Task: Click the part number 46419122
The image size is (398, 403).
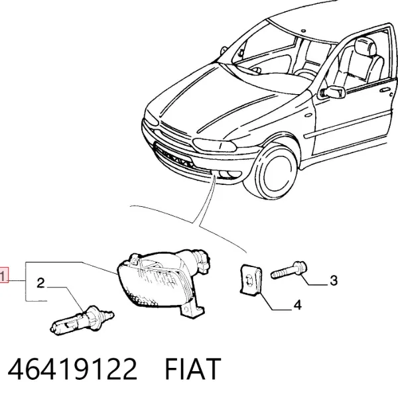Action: click(x=72, y=369)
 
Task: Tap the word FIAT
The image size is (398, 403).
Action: click(x=192, y=369)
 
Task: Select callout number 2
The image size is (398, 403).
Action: click(x=40, y=283)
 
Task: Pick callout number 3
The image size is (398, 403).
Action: click(x=334, y=280)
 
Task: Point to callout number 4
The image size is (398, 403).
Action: click(x=297, y=305)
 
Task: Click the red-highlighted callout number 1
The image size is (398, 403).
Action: click(x=3, y=276)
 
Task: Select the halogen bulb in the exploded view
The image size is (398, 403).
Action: click(x=82, y=321)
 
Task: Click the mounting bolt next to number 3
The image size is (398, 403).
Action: click(x=289, y=270)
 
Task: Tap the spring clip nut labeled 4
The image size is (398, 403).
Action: click(x=251, y=280)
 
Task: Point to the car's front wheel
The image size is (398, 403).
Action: click(x=273, y=171)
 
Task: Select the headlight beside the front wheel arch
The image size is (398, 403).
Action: click(x=214, y=145)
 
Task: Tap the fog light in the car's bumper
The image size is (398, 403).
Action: click(x=230, y=175)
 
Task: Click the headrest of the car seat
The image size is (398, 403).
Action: click(x=365, y=47)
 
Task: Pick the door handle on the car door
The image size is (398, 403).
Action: click(x=385, y=90)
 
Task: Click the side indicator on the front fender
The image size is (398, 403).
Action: click(x=308, y=115)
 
